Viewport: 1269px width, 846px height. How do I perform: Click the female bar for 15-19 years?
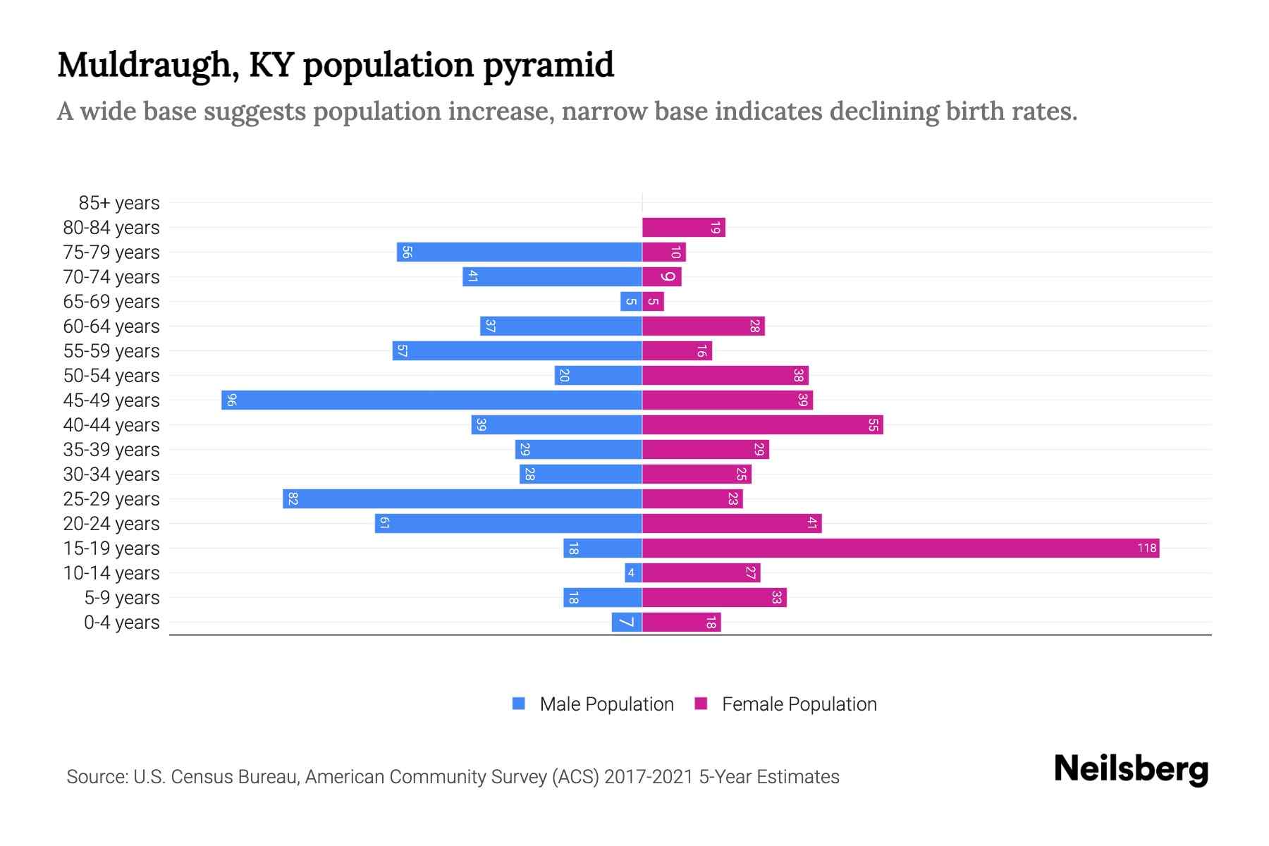[x=900, y=548]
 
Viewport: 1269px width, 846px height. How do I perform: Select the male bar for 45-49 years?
[x=431, y=400]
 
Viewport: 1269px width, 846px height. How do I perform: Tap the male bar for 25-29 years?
[x=462, y=498]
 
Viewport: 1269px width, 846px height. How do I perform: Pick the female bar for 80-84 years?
[x=683, y=227]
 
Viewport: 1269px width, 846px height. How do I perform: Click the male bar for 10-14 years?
[x=633, y=572]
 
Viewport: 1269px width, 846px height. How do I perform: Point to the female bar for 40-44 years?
[x=762, y=424]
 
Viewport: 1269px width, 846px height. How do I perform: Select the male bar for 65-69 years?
[x=631, y=301]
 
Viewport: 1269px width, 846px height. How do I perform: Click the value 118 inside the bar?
[x=1146, y=548]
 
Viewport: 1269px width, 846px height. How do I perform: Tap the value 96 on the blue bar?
[x=231, y=400]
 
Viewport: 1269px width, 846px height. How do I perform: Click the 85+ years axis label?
[x=118, y=203]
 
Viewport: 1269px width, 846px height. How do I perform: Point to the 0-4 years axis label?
[x=121, y=623]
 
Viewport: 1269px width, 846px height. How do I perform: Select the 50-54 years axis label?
[x=111, y=376]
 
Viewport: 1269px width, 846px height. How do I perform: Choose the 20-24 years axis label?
[x=111, y=524]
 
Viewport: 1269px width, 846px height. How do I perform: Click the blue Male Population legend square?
[x=519, y=704]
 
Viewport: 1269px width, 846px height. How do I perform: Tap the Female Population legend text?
[x=799, y=704]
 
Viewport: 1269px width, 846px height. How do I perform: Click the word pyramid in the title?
[x=548, y=65]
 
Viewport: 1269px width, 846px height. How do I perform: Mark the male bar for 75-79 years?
[x=519, y=252]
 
